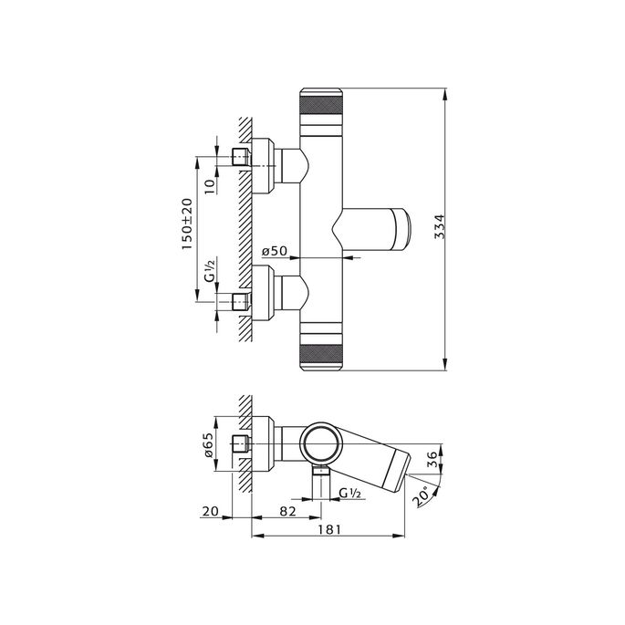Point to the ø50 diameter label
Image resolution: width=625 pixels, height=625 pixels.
pos(276,250)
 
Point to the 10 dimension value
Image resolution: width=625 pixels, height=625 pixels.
pos(209,185)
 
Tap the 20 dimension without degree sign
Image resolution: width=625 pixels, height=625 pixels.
pos(213,514)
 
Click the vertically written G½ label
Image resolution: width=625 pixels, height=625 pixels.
pos(209,274)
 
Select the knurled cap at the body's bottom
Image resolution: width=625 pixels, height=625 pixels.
pos(324,352)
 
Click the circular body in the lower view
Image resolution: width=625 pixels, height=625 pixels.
pos(323,446)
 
